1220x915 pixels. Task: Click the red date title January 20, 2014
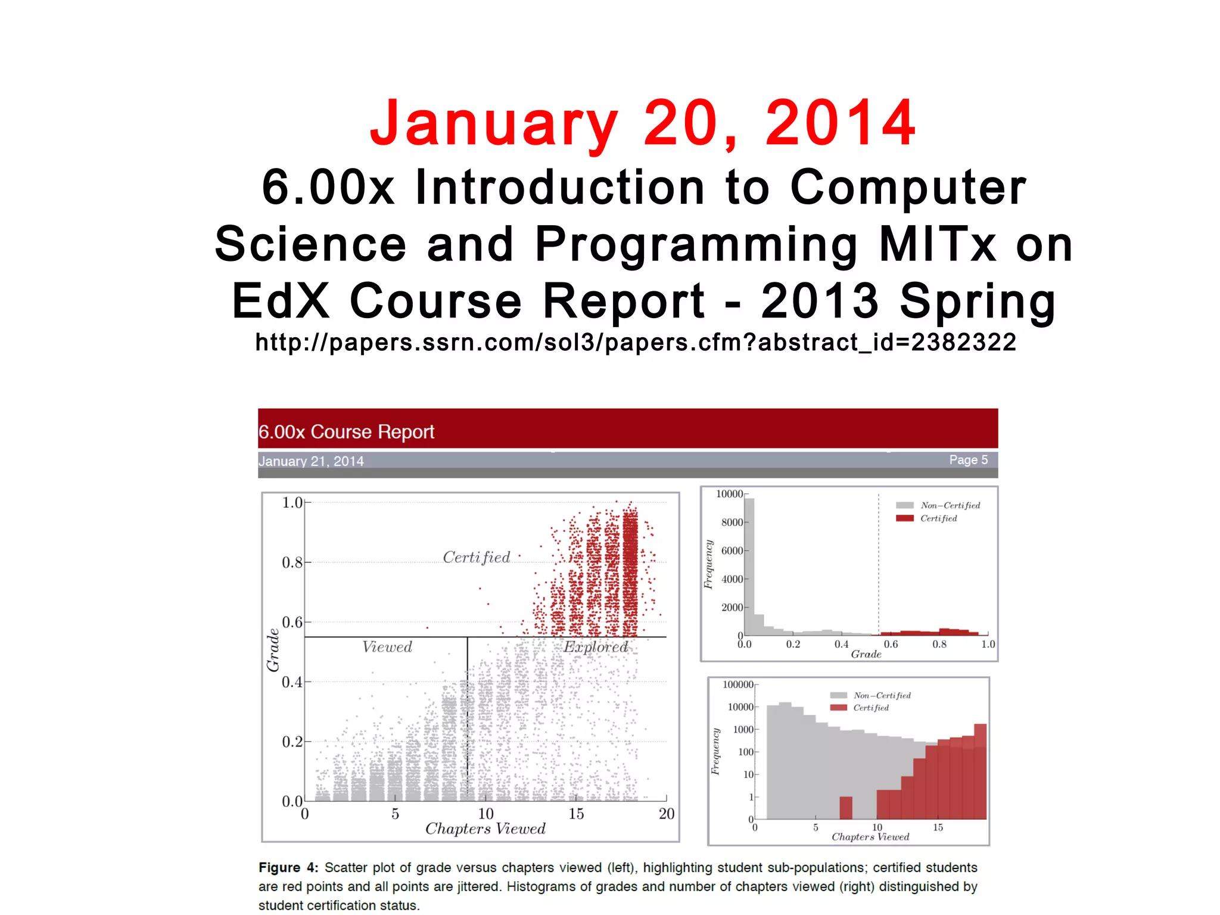(x=642, y=123)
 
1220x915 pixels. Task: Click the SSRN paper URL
(x=636, y=343)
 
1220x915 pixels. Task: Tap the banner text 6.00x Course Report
(x=346, y=432)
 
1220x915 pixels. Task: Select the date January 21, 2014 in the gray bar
(x=311, y=461)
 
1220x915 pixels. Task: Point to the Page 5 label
(x=968, y=460)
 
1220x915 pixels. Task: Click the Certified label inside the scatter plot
(x=477, y=558)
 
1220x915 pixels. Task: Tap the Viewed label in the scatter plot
(x=387, y=647)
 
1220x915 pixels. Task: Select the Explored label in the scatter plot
(x=596, y=647)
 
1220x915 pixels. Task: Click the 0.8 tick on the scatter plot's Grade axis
(x=292, y=562)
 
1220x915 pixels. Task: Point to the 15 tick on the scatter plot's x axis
(x=576, y=814)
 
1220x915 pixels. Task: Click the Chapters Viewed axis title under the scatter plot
(x=485, y=829)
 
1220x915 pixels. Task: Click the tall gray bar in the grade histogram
(x=749, y=566)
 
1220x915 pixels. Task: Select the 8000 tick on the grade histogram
(x=732, y=522)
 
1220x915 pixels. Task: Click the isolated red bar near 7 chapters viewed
(x=845, y=808)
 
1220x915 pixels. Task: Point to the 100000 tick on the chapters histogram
(x=737, y=685)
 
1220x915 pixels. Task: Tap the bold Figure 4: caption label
(x=288, y=868)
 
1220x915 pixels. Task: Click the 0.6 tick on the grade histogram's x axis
(x=891, y=645)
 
